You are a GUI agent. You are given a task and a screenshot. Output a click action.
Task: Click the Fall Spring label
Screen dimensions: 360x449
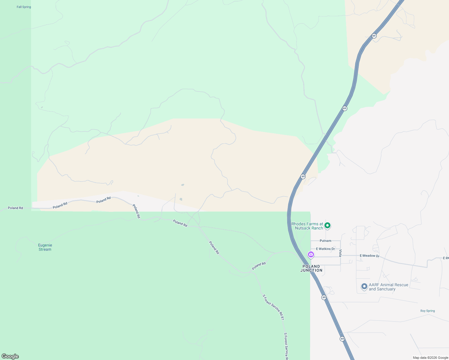coord(24,7)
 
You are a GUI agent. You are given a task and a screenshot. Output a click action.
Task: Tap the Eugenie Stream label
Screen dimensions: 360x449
coord(45,247)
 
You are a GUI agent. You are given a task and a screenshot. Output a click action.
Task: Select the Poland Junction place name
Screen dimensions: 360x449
coord(311,268)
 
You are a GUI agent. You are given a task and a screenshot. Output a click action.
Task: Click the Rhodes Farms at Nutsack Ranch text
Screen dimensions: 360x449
coord(307,226)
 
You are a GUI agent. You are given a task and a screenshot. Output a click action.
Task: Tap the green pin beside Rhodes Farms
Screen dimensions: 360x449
coord(327,225)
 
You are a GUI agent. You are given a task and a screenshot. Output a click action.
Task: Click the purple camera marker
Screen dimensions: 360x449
coord(311,255)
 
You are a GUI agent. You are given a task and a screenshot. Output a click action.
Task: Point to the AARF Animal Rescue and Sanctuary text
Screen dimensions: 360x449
coord(388,287)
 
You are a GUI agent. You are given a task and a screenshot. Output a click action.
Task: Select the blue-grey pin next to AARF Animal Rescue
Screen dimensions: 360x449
coord(364,286)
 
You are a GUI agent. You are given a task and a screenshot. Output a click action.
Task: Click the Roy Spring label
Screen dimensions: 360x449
coord(427,311)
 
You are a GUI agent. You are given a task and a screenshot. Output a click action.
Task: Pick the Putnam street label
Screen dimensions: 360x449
coord(325,241)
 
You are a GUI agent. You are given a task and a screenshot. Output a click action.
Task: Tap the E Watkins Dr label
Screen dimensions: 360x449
coord(325,249)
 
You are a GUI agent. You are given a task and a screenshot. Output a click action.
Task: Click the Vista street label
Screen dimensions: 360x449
coord(340,253)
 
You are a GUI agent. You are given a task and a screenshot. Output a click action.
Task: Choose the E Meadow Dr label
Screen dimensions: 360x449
coord(369,256)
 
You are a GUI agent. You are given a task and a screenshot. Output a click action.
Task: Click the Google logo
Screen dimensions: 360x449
coord(10,356)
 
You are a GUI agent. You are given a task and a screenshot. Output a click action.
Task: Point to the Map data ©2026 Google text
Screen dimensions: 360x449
coord(430,358)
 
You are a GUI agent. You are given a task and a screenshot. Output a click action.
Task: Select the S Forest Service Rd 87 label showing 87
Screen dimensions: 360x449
coord(273,307)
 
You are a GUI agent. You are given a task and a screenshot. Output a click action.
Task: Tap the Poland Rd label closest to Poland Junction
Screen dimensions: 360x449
coord(259,266)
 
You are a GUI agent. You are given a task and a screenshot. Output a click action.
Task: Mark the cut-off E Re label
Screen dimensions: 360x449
coord(446,258)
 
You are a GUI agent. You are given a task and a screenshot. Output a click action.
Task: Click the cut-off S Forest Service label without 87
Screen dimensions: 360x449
coord(286,346)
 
